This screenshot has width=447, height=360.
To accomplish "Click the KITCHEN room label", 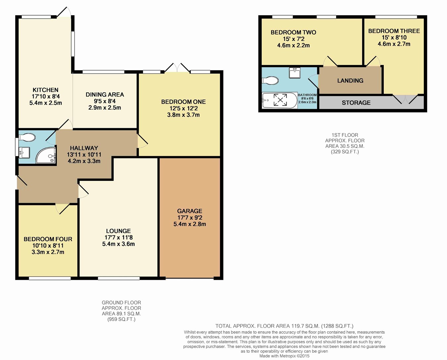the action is tap(45, 90).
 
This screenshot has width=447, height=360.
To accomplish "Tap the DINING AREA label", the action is tap(105, 95).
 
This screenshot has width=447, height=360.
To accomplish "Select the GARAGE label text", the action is tap(190, 211).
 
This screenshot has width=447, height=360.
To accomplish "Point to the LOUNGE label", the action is tap(119, 231).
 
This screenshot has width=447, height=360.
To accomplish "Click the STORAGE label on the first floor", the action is tap(356, 103).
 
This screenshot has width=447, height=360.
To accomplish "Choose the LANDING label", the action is tap(350, 80).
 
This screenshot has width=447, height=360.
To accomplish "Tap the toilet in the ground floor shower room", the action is tap(27, 137).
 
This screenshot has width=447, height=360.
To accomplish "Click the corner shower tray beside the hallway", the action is tap(46, 155).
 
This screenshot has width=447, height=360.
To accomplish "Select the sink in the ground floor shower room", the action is tap(24, 153).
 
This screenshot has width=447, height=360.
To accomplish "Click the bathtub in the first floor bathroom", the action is tap(280, 101).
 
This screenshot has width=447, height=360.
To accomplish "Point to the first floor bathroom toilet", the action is tap(270, 80).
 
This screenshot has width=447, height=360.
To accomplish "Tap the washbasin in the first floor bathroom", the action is tap(295, 73).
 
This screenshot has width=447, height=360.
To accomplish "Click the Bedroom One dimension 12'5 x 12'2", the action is tap(184, 108).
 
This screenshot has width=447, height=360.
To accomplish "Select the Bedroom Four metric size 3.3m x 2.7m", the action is tap(48, 252).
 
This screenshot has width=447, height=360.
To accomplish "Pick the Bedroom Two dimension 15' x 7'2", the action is tap(293, 39).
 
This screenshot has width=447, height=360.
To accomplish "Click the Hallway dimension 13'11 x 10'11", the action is tap(84, 155).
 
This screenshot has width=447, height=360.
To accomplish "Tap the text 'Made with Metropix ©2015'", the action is tap(284, 356).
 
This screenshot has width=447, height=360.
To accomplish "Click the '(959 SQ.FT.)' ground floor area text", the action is tap(121, 319).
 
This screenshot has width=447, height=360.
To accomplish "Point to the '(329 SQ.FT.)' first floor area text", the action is tap(345, 152).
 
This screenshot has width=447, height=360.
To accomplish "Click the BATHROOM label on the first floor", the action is tap(307, 95).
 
